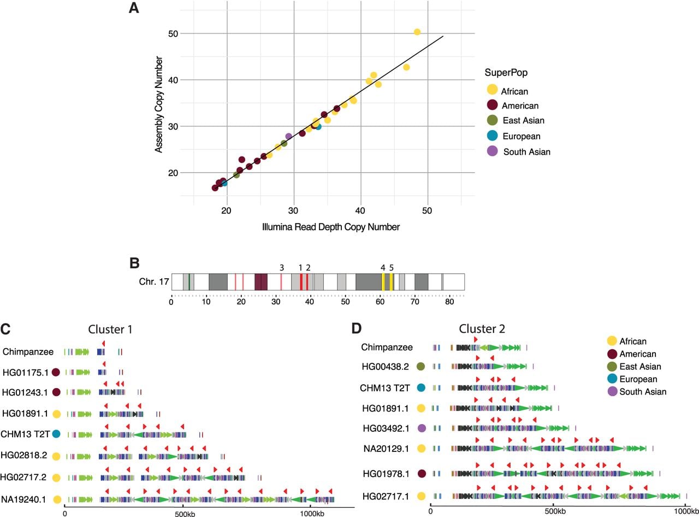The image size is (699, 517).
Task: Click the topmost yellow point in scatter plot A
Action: [417, 32]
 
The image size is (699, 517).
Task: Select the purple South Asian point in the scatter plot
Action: [289, 136]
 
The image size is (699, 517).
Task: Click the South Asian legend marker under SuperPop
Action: [492, 151]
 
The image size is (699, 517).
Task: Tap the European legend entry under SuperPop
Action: [522, 136]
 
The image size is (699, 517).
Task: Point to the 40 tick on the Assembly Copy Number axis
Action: [173, 80]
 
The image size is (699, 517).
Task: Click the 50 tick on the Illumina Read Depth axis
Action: [427, 211]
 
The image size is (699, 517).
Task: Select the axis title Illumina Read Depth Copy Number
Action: [331, 227]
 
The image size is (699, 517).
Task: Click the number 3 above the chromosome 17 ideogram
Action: [281, 268]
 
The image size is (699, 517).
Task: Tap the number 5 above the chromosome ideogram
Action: [392, 268]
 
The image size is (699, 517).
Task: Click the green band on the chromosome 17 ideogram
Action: [189, 281]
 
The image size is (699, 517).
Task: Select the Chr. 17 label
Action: [154, 281]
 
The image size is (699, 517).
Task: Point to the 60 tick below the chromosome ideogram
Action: [380, 302]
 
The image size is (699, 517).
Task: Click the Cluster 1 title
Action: [110, 330]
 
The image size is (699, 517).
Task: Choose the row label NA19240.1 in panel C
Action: [23, 500]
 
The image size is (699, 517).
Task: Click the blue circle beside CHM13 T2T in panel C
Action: [56, 434]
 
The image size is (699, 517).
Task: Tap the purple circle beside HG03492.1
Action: [422, 428]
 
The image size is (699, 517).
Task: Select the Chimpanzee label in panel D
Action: [387, 347]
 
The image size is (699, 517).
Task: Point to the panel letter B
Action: [134, 263]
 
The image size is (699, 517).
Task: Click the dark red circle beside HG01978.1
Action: [422, 473]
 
